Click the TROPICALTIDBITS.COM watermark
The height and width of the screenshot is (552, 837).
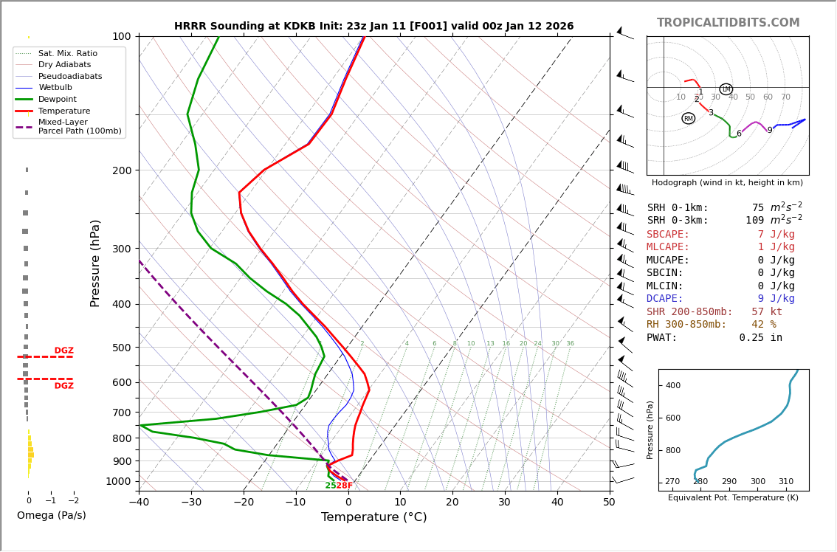click(x=728, y=23)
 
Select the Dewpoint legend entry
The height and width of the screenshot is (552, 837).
click(x=57, y=100)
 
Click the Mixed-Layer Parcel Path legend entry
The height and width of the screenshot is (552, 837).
click(x=80, y=127)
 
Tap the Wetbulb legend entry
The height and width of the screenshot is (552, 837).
click(x=55, y=88)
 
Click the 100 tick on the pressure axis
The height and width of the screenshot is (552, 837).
click(x=122, y=36)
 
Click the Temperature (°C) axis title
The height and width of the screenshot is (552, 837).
click(x=373, y=517)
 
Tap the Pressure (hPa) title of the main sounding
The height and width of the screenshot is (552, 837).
click(x=95, y=263)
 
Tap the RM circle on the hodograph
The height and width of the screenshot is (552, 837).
click(x=689, y=118)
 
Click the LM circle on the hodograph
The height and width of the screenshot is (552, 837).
click(x=726, y=89)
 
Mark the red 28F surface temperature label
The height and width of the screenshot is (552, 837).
click(x=345, y=486)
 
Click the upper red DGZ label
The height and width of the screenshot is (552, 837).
click(x=63, y=351)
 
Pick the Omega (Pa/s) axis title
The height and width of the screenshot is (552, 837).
click(x=51, y=516)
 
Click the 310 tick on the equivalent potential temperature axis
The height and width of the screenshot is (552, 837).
click(x=786, y=482)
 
